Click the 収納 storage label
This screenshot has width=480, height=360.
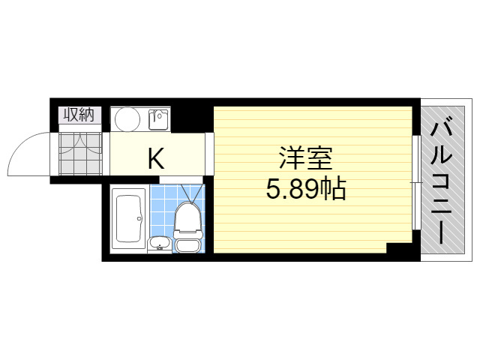(x=79, y=115)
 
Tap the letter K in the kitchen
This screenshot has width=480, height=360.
(x=156, y=158)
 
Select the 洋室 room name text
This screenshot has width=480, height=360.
(x=305, y=158)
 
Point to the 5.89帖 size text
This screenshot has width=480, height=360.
(x=306, y=188)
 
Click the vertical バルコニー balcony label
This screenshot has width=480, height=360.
(x=441, y=183)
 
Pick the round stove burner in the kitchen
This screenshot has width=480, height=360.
(x=127, y=119)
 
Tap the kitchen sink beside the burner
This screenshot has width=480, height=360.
(x=159, y=119)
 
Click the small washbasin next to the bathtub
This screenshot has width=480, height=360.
(x=159, y=244)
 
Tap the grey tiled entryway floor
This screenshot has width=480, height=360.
(x=80, y=154)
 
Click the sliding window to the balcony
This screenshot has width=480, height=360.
(x=415, y=182)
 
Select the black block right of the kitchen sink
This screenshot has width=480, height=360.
(x=187, y=119)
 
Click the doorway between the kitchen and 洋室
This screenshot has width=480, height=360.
(x=209, y=154)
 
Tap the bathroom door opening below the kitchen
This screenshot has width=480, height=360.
(x=181, y=180)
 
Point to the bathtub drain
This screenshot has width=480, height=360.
(x=139, y=218)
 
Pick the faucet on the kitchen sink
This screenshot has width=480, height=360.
(x=159, y=115)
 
